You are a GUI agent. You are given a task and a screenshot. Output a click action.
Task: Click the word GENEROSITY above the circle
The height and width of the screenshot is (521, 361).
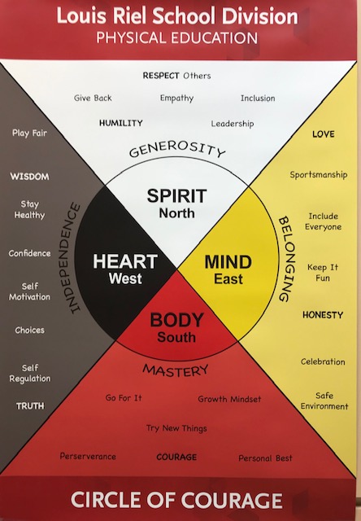(177, 149)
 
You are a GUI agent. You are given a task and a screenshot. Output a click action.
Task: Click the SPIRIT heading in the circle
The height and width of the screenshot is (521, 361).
(177, 195)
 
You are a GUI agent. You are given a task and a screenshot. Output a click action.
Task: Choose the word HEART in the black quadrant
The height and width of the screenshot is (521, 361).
(125, 261)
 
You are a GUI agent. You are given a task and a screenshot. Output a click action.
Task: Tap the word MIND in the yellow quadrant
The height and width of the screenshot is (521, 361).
(228, 262)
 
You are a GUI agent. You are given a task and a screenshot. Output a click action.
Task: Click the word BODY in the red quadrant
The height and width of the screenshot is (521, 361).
(176, 320)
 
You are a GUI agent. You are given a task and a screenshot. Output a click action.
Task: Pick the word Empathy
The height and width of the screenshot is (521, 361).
(176, 99)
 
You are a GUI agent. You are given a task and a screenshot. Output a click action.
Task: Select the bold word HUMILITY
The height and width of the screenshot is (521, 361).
(121, 123)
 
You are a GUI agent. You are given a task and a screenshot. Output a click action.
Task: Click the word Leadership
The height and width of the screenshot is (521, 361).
(233, 124)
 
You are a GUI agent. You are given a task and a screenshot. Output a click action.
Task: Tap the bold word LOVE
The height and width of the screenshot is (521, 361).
(323, 134)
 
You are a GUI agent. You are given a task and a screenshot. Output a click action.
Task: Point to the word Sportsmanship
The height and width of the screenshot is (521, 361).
(319, 175)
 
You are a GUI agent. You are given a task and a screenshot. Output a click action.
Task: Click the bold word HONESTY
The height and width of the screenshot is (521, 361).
(323, 315)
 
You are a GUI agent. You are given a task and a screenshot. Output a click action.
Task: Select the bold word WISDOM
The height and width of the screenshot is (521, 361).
(29, 177)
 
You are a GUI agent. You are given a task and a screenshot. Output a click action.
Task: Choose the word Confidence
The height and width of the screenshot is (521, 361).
(29, 253)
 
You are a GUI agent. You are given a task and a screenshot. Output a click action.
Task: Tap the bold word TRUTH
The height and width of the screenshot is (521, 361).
(30, 406)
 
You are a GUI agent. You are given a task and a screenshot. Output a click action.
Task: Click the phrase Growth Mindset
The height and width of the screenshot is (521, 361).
(229, 399)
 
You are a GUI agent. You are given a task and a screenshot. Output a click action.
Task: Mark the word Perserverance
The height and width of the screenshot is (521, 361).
(88, 456)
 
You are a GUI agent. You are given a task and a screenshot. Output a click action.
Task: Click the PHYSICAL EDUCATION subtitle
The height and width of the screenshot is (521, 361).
(177, 38)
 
